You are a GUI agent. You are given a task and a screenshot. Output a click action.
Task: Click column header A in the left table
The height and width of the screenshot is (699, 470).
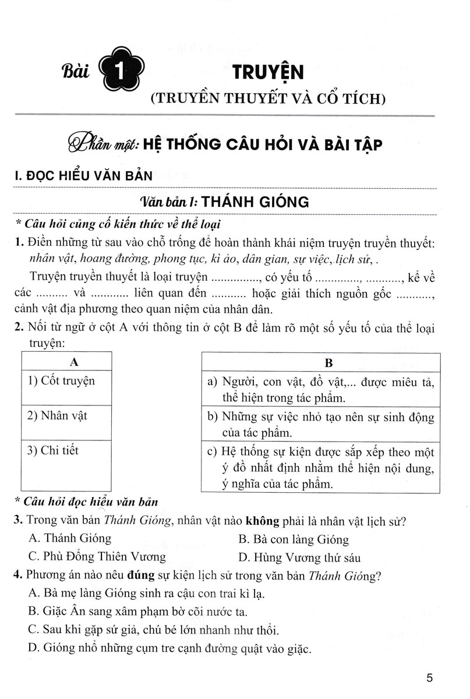click(x=74, y=362)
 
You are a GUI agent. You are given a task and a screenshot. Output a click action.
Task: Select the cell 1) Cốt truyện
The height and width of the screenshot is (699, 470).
click(x=61, y=381)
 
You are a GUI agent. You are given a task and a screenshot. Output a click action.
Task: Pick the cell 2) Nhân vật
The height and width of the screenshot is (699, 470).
click(x=57, y=416)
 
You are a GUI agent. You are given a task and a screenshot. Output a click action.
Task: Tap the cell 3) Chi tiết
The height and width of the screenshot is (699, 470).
click(x=53, y=450)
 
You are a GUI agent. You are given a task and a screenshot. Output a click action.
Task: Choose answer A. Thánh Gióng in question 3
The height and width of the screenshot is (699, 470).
click(x=69, y=538)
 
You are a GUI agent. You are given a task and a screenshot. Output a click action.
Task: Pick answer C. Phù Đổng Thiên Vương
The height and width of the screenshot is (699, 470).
click(x=97, y=556)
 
